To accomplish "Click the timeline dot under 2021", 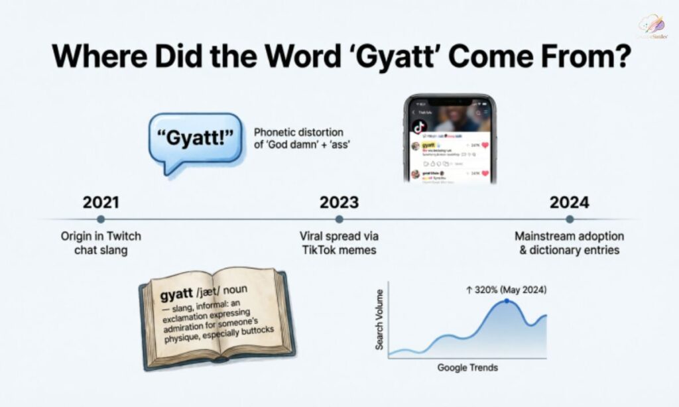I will [x=100, y=219].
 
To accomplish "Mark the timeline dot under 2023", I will [x=339, y=219].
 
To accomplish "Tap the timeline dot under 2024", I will [x=570, y=219].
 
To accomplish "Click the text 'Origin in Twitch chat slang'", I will [x=101, y=243].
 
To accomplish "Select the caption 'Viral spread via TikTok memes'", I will [x=338, y=243].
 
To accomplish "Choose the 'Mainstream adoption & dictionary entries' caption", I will [x=570, y=243].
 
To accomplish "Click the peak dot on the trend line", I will [x=507, y=301].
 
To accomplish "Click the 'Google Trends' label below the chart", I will [x=467, y=367].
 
